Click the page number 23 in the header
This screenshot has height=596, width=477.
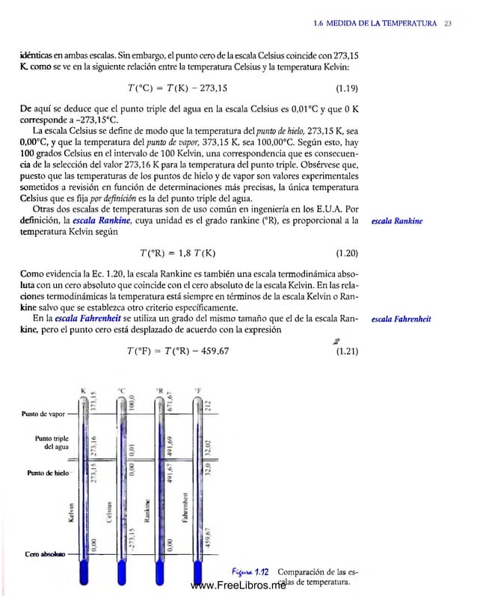tap(447, 24)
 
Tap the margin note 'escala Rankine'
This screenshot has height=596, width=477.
tap(397, 221)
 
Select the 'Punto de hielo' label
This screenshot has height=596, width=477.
tap(47, 473)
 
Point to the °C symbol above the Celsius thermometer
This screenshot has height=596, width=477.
tap(120, 390)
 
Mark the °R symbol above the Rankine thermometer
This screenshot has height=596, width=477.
tap(159, 390)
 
